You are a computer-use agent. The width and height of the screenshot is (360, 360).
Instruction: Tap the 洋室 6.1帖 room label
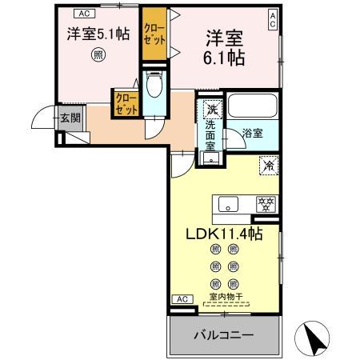point(225,48)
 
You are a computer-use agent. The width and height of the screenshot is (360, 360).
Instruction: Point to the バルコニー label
point(225,334)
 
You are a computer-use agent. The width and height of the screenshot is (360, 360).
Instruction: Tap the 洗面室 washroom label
point(211,136)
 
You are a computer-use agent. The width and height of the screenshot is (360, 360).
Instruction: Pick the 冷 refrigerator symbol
point(269,166)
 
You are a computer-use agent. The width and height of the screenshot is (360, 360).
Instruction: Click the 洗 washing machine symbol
point(211,109)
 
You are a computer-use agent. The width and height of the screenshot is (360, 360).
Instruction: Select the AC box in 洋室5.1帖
point(85,12)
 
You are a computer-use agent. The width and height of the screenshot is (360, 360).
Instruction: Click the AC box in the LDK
point(182,299)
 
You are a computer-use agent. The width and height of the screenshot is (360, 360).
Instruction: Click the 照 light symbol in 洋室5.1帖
point(97,56)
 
